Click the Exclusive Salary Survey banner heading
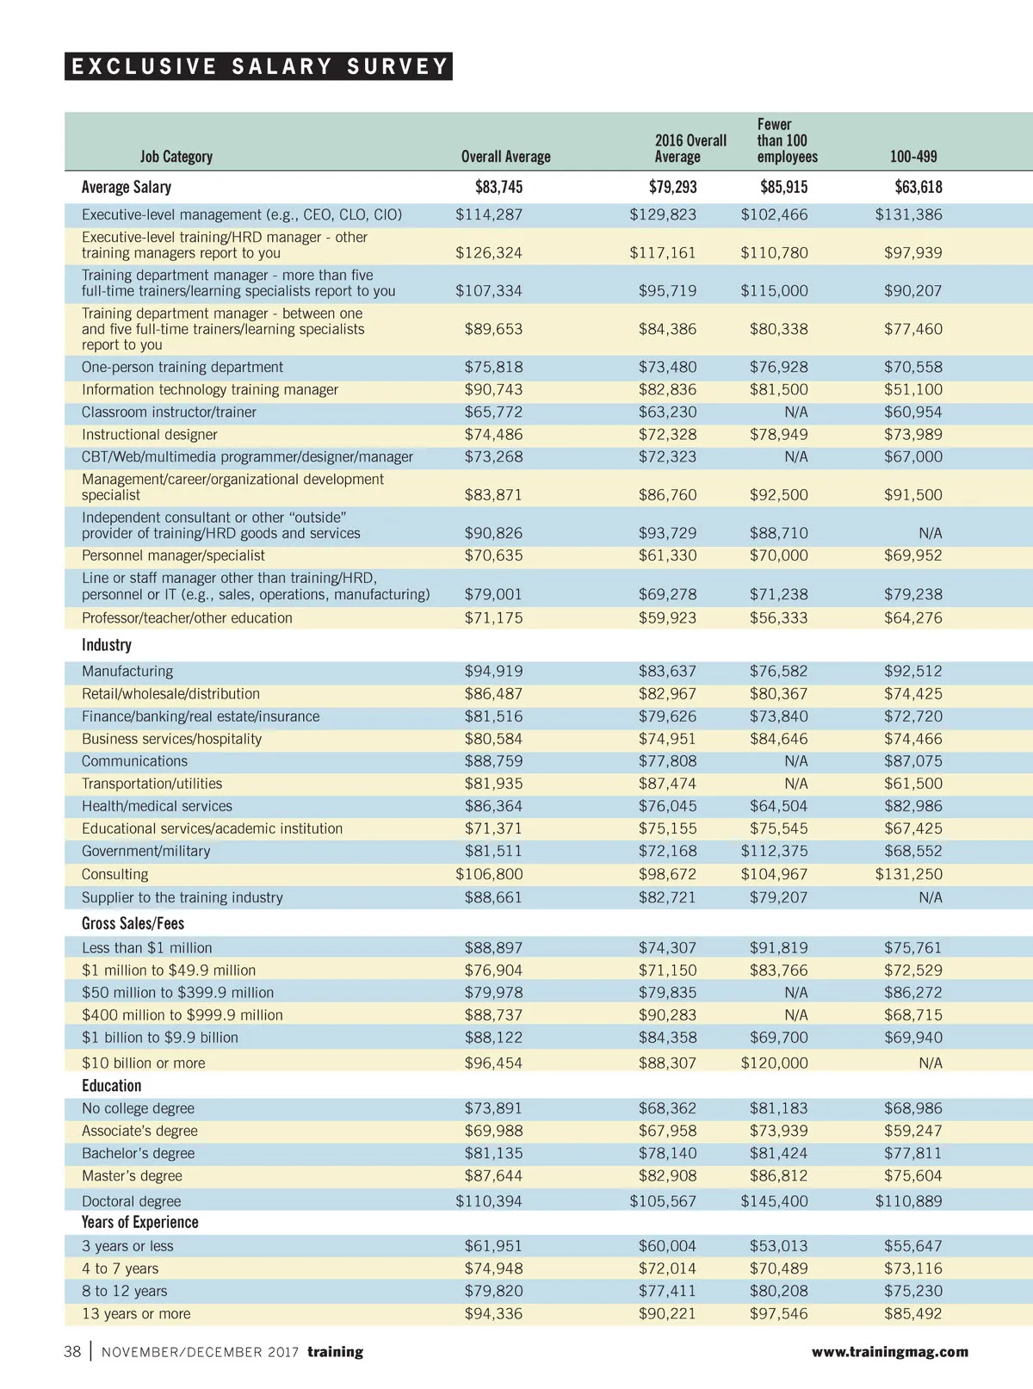[x=258, y=66]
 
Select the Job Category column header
[x=176, y=157]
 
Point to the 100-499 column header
[x=912, y=157]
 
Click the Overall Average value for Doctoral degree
[x=488, y=1201]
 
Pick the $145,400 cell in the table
[x=774, y=1201]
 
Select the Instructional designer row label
[x=149, y=435]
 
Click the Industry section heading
[x=106, y=645]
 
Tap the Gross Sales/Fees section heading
[x=133, y=923]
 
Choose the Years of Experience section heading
[x=139, y=1223]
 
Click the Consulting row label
[x=114, y=874]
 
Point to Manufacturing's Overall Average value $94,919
[x=493, y=671]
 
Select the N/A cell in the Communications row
[x=795, y=761]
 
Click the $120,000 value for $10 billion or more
[x=774, y=1063]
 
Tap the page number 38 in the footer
[x=72, y=1352]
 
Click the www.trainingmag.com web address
[x=889, y=1352]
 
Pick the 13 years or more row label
[x=136, y=1314]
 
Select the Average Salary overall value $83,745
[x=498, y=187]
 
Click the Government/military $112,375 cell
[x=774, y=851]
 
